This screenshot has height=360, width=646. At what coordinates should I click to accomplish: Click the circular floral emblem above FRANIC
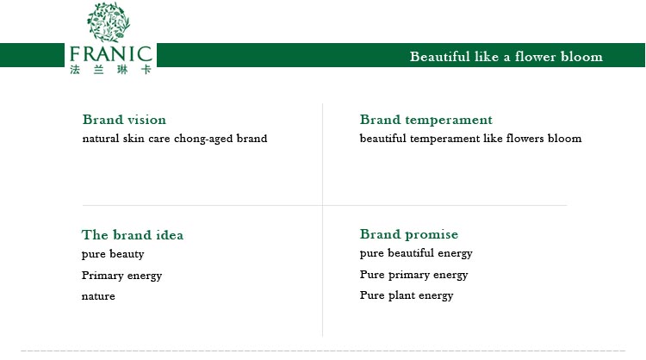click(109, 22)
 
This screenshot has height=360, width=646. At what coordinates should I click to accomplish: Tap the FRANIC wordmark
click(111, 54)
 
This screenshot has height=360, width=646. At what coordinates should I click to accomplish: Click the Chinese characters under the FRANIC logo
click(111, 69)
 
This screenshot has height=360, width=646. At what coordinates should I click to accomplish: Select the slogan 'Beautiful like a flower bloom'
click(506, 57)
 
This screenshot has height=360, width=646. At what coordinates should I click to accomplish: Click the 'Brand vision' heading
click(124, 120)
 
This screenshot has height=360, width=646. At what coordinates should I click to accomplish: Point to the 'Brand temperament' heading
click(426, 120)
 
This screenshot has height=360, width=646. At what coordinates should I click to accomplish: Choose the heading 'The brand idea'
click(133, 235)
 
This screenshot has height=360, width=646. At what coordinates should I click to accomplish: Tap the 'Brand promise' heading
click(408, 234)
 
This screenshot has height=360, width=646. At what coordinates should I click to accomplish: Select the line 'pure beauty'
click(113, 254)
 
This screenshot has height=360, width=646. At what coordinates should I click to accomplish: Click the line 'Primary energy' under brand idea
click(121, 276)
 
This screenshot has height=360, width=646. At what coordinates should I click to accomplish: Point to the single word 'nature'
click(98, 296)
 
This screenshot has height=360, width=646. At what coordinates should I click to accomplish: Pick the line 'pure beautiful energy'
click(416, 253)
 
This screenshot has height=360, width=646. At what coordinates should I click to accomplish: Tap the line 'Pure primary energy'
click(413, 275)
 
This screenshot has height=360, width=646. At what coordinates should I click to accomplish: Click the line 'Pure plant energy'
click(407, 295)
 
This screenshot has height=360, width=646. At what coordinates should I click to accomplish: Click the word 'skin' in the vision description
click(134, 138)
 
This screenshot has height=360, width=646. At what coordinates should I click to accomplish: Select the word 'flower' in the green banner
click(535, 57)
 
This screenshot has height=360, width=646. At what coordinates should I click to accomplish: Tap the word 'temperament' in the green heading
click(449, 120)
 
